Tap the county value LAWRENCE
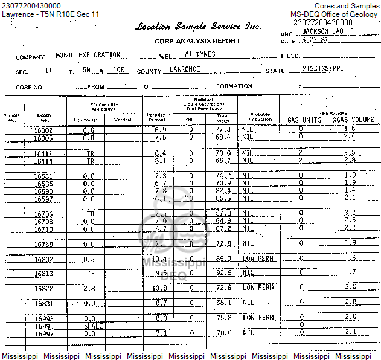click(x=185, y=69)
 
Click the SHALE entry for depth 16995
click(x=93, y=326)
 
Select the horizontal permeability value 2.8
click(x=89, y=288)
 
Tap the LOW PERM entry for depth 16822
click(x=258, y=288)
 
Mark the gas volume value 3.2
click(x=350, y=213)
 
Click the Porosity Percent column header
click(x=156, y=117)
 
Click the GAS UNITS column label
click(x=304, y=120)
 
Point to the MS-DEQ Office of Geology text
click(x=335, y=14)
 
